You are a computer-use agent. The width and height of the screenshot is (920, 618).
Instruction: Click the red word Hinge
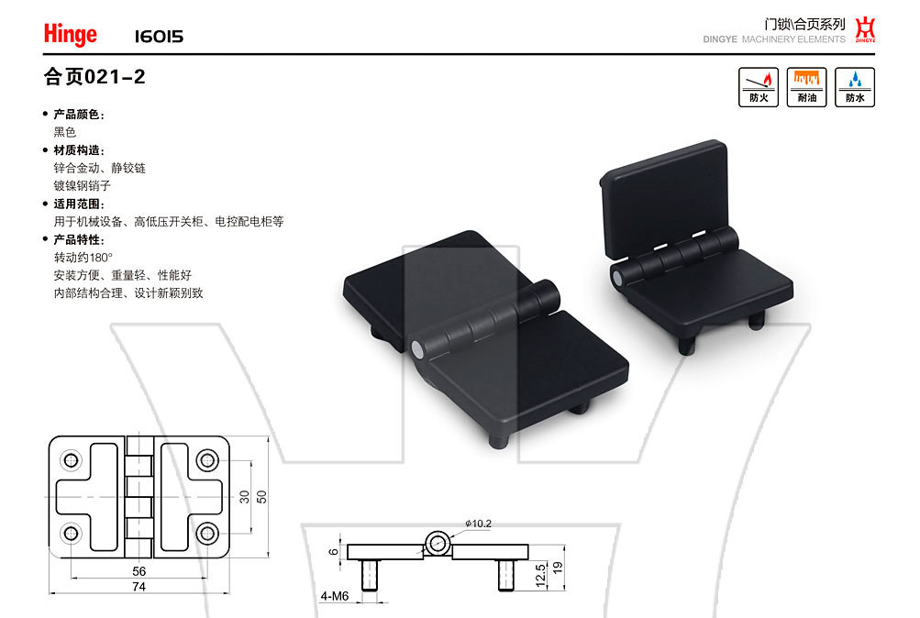tap(71, 34)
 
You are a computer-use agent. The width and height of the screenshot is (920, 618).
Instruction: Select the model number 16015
tap(159, 37)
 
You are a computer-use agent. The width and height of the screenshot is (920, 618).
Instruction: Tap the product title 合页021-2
tap(94, 77)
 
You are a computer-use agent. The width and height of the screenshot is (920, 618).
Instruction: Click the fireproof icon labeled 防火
tap(759, 87)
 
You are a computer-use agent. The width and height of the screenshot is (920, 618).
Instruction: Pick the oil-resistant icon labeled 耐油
tap(807, 87)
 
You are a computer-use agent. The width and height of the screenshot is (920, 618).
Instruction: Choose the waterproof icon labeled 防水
tap(855, 87)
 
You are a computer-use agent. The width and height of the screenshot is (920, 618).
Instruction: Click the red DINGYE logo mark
tap(865, 29)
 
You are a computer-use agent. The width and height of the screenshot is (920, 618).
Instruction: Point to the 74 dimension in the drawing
tap(139, 586)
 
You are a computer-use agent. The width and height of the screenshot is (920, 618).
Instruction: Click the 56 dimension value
tap(139, 571)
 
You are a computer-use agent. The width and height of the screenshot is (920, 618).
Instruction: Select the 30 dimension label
tap(245, 497)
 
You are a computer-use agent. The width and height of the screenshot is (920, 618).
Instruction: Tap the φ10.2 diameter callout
tap(478, 523)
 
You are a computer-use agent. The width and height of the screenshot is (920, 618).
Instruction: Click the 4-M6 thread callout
tap(335, 596)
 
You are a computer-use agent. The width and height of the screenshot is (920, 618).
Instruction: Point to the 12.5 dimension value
tap(540, 575)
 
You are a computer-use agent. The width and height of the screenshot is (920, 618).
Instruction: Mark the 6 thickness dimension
tap(333, 552)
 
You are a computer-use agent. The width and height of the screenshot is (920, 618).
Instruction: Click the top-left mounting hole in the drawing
tap(71, 460)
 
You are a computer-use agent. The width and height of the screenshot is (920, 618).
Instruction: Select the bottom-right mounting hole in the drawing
tap(207, 534)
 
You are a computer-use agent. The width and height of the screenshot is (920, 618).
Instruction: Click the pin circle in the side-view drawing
tap(437, 544)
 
